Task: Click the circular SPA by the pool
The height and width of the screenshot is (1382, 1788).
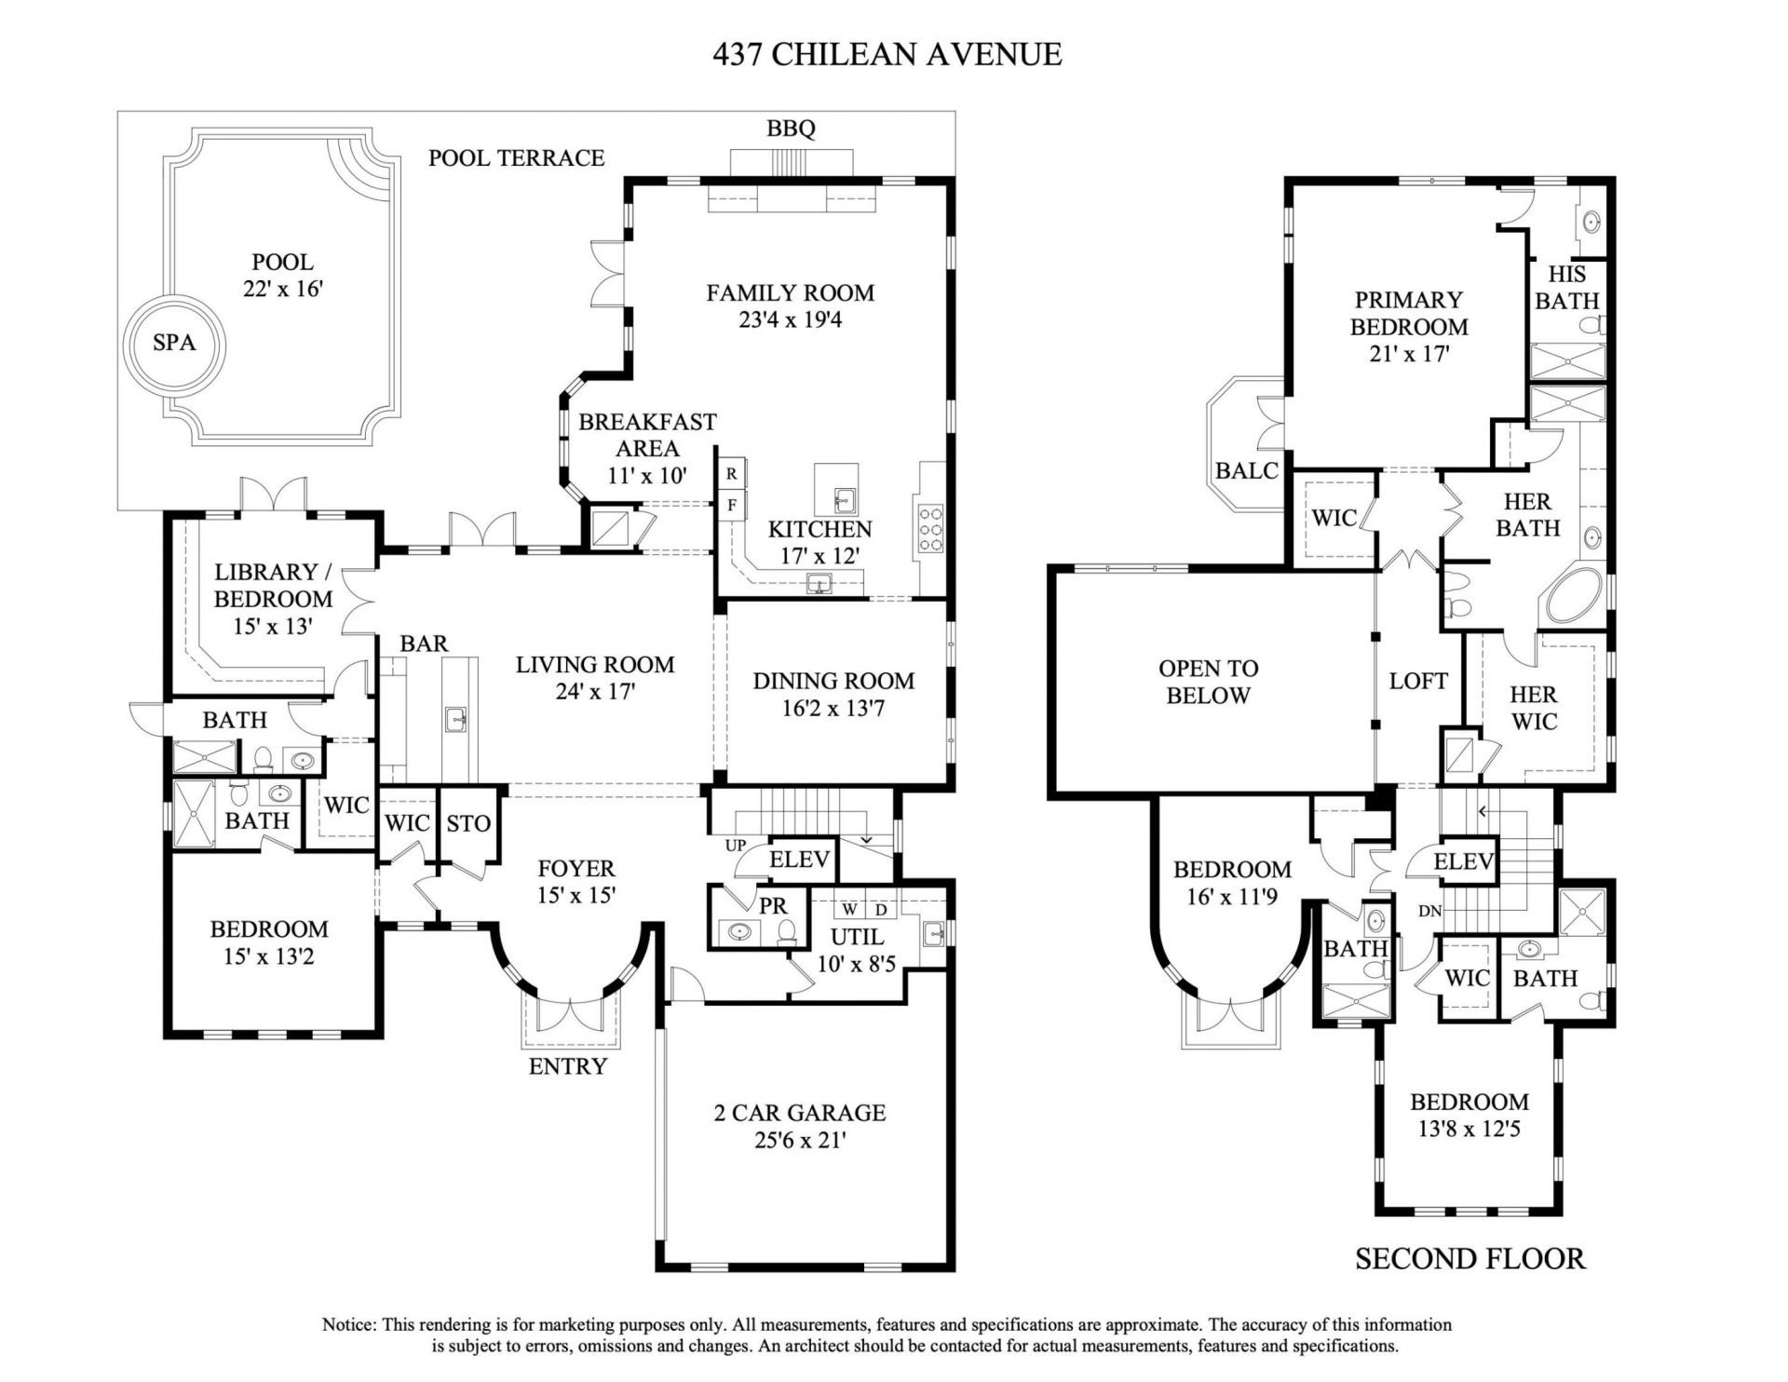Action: tap(174, 343)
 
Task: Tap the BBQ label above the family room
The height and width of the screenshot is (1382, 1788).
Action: tap(791, 129)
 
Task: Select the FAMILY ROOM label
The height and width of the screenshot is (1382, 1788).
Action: tap(790, 293)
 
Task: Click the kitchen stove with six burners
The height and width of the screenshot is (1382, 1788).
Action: tap(930, 530)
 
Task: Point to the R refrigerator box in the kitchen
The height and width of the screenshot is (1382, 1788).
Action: tap(732, 474)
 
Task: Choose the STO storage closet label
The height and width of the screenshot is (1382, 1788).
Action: tap(467, 823)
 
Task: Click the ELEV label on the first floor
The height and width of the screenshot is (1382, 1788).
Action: tap(799, 859)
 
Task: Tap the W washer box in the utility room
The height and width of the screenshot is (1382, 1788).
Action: tap(849, 908)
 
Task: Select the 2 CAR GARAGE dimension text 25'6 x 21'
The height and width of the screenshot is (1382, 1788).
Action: tap(800, 1140)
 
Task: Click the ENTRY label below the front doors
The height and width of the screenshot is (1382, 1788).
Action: tap(567, 1066)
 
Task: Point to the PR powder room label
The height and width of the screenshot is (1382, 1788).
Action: tap(772, 905)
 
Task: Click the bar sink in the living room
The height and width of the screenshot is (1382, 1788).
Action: tap(455, 719)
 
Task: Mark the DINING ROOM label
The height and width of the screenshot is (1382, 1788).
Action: tap(833, 681)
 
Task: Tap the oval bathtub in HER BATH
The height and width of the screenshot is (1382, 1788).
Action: tap(1575, 596)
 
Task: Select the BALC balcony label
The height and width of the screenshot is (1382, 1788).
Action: tap(1247, 470)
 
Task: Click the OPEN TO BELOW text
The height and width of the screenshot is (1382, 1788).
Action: tap(1208, 682)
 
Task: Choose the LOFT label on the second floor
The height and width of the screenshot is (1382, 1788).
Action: tap(1417, 681)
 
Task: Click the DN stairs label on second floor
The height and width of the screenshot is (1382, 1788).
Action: tap(1429, 910)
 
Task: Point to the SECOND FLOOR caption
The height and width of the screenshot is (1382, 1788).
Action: tap(1469, 1259)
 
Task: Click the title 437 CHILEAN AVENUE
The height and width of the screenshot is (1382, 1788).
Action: tap(887, 54)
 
